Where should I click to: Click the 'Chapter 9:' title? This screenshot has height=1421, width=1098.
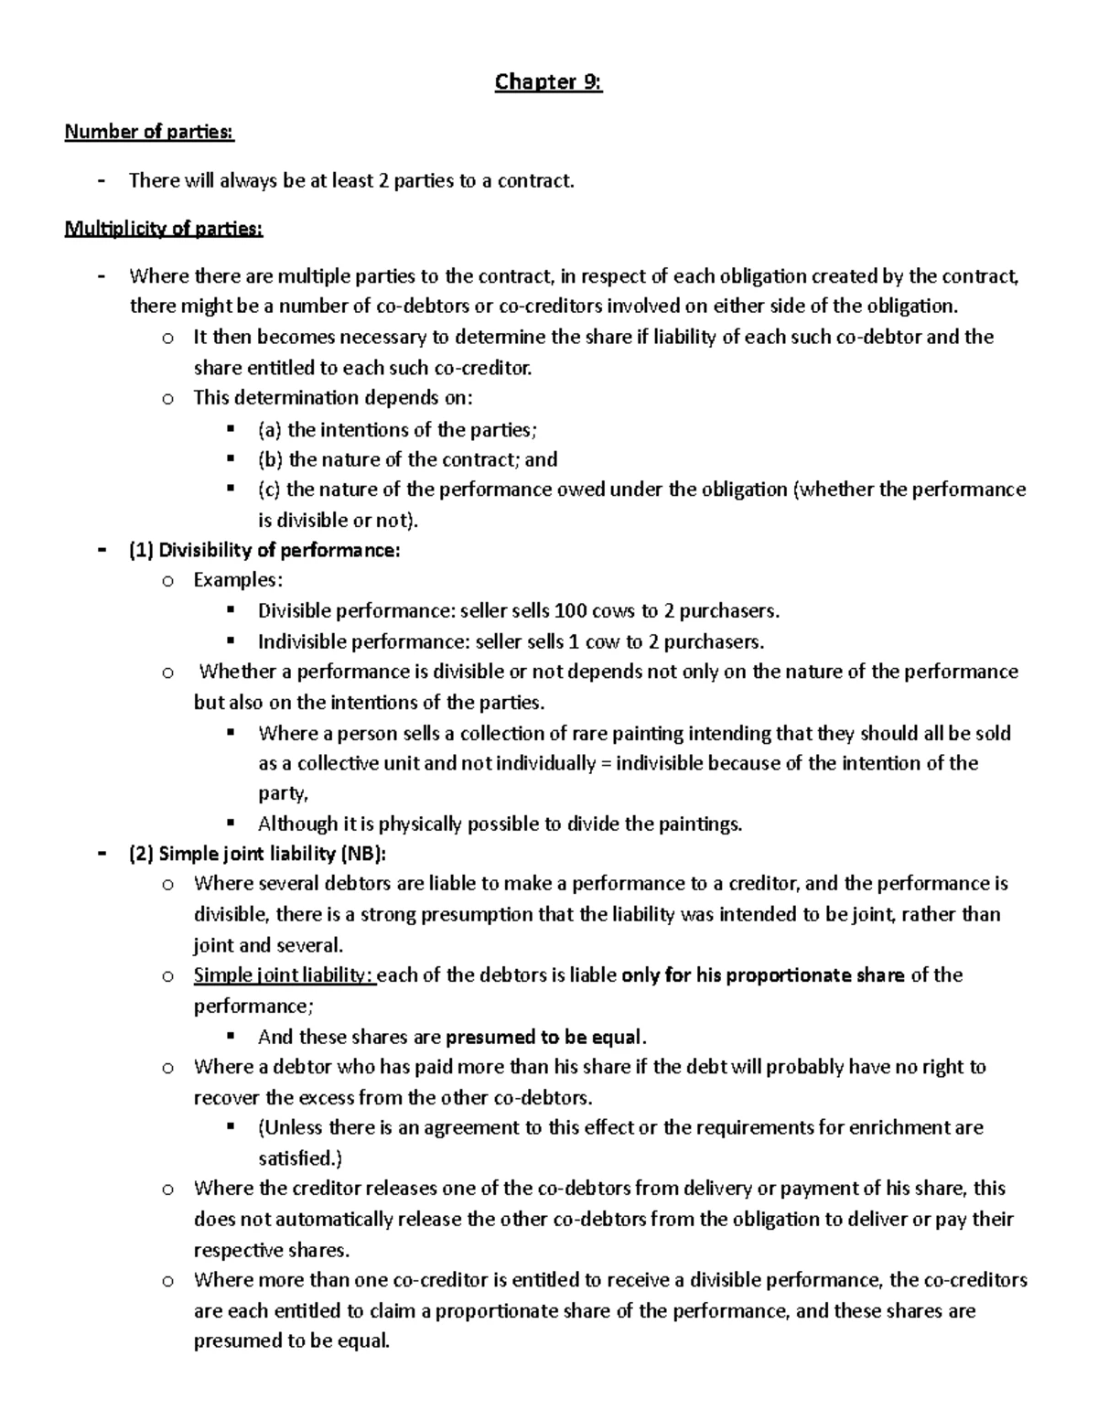(x=548, y=83)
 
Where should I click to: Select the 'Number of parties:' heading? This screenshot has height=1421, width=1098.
(x=149, y=133)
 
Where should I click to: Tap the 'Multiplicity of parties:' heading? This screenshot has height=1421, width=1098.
(x=164, y=229)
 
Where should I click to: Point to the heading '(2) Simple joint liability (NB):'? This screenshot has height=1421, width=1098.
(x=258, y=854)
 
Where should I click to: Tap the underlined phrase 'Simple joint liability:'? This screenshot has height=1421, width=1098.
(x=284, y=975)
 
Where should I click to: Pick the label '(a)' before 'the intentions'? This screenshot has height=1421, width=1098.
(x=270, y=429)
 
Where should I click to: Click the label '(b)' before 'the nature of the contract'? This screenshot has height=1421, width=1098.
(x=271, y=459)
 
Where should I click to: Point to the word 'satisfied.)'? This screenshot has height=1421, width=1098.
(x=300, y=1158)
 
